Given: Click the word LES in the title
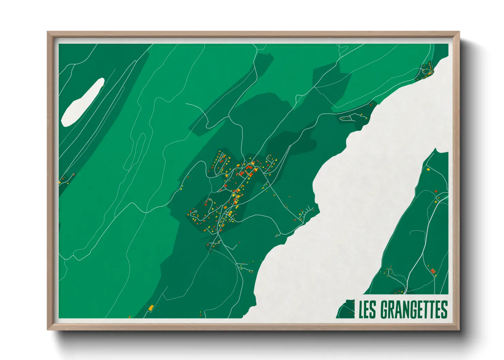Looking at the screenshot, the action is (x=367, y=309).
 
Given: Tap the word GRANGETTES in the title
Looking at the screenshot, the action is (x=413, y=309).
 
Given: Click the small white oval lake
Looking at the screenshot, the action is (x=83, y=102).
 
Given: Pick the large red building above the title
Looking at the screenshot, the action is (x=433, y=271).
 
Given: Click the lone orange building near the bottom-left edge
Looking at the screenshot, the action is (x=151, y=308).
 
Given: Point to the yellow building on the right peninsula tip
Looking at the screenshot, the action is (x=428, y=169).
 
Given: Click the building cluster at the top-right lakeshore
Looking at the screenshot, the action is (x=426, y=71).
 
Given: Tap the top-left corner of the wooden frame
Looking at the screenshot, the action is (x=48, y=32).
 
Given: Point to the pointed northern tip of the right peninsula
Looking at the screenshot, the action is (x=436, y=149).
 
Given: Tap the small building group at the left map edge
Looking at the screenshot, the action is (x=65, y=179).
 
